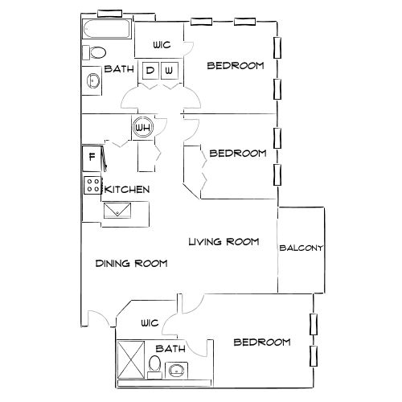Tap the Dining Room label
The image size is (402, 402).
click(x=130, y=263)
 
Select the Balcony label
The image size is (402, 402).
click(x=301, y=248)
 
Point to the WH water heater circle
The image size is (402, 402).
click(x=143, y=127)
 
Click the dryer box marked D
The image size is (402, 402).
click(x=150, y=71)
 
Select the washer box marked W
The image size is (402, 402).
click(x=169, y=71)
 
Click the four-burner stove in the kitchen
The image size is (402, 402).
click(x=92, y=186)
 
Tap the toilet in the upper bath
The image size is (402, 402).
click(x=95, y=53)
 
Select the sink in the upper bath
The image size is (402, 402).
click(x=93, y=80)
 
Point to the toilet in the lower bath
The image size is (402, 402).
click(x=154, y=367)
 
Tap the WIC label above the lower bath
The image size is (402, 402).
click(x=150, y=323)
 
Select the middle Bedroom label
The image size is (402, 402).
click(x=237, y=153)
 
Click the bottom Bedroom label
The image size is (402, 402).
click(x=261, y=343)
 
